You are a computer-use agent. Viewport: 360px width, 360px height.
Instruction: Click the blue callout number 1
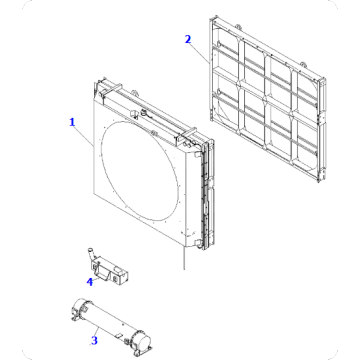pos(71,122)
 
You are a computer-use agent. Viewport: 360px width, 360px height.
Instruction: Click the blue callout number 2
pos(187,39)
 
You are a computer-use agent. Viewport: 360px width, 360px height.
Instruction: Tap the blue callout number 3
pos(94,341)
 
